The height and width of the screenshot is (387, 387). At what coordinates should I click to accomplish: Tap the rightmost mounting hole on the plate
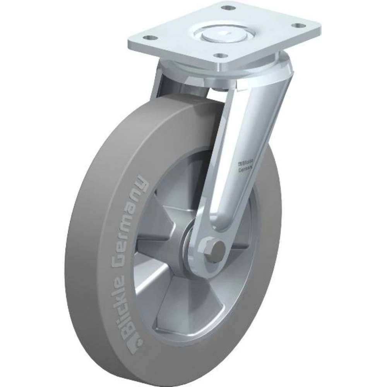(x=297, y=26)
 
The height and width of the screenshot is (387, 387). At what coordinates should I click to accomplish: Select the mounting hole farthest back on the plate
(x=229, y=8)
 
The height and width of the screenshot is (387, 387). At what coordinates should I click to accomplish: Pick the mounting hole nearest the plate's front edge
(x=221, y=56)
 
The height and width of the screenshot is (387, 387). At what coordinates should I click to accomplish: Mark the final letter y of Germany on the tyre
(x=142, y=183)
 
